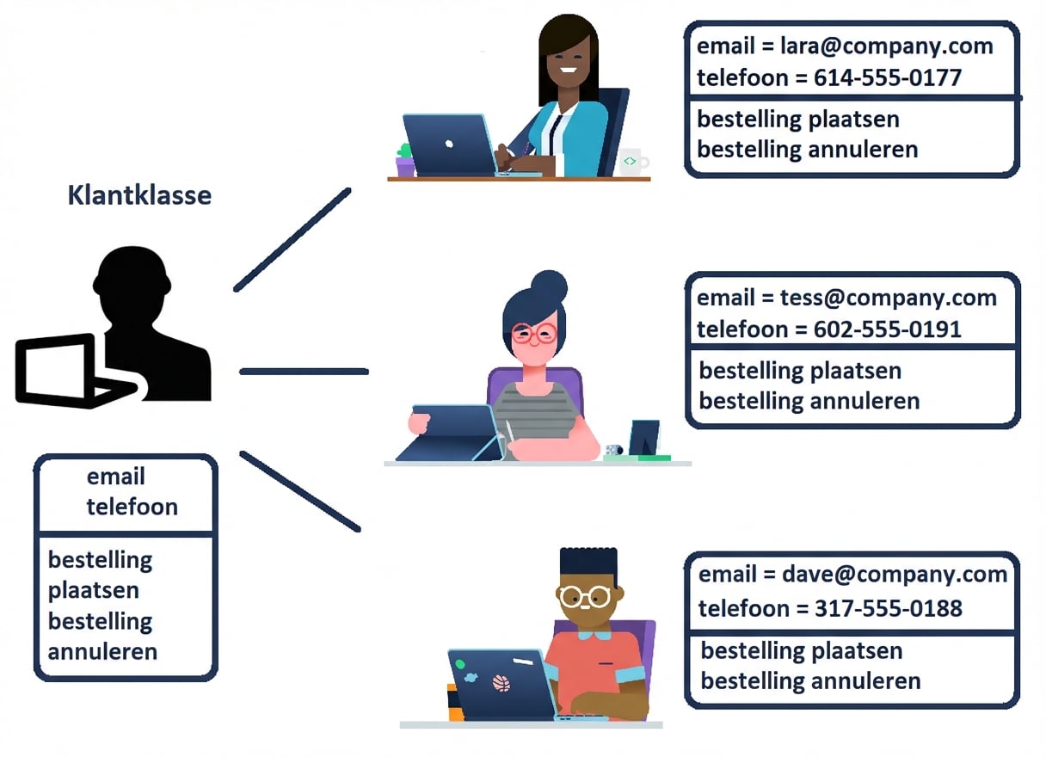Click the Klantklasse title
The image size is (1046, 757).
(139, 195)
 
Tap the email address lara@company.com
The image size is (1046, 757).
(887, 46)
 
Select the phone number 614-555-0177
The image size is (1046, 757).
(888, 78)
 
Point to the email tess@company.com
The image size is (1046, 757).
(889, 298)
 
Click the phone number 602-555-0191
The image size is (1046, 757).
(888, 329)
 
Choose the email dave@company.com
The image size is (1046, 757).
(895, 575)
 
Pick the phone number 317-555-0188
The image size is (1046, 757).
(889, 608)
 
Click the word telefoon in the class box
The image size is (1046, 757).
(132, 507)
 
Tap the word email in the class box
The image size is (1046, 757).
(116, 477)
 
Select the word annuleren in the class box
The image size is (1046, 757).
(102, 651)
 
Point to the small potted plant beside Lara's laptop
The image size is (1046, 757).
(404, 160)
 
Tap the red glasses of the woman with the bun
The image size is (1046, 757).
(534, 334)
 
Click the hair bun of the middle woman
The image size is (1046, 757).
(549, 285)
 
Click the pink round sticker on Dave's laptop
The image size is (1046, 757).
(501, 683)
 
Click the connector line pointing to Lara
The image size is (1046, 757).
(292, 239)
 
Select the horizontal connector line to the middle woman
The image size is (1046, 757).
(304, 372)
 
